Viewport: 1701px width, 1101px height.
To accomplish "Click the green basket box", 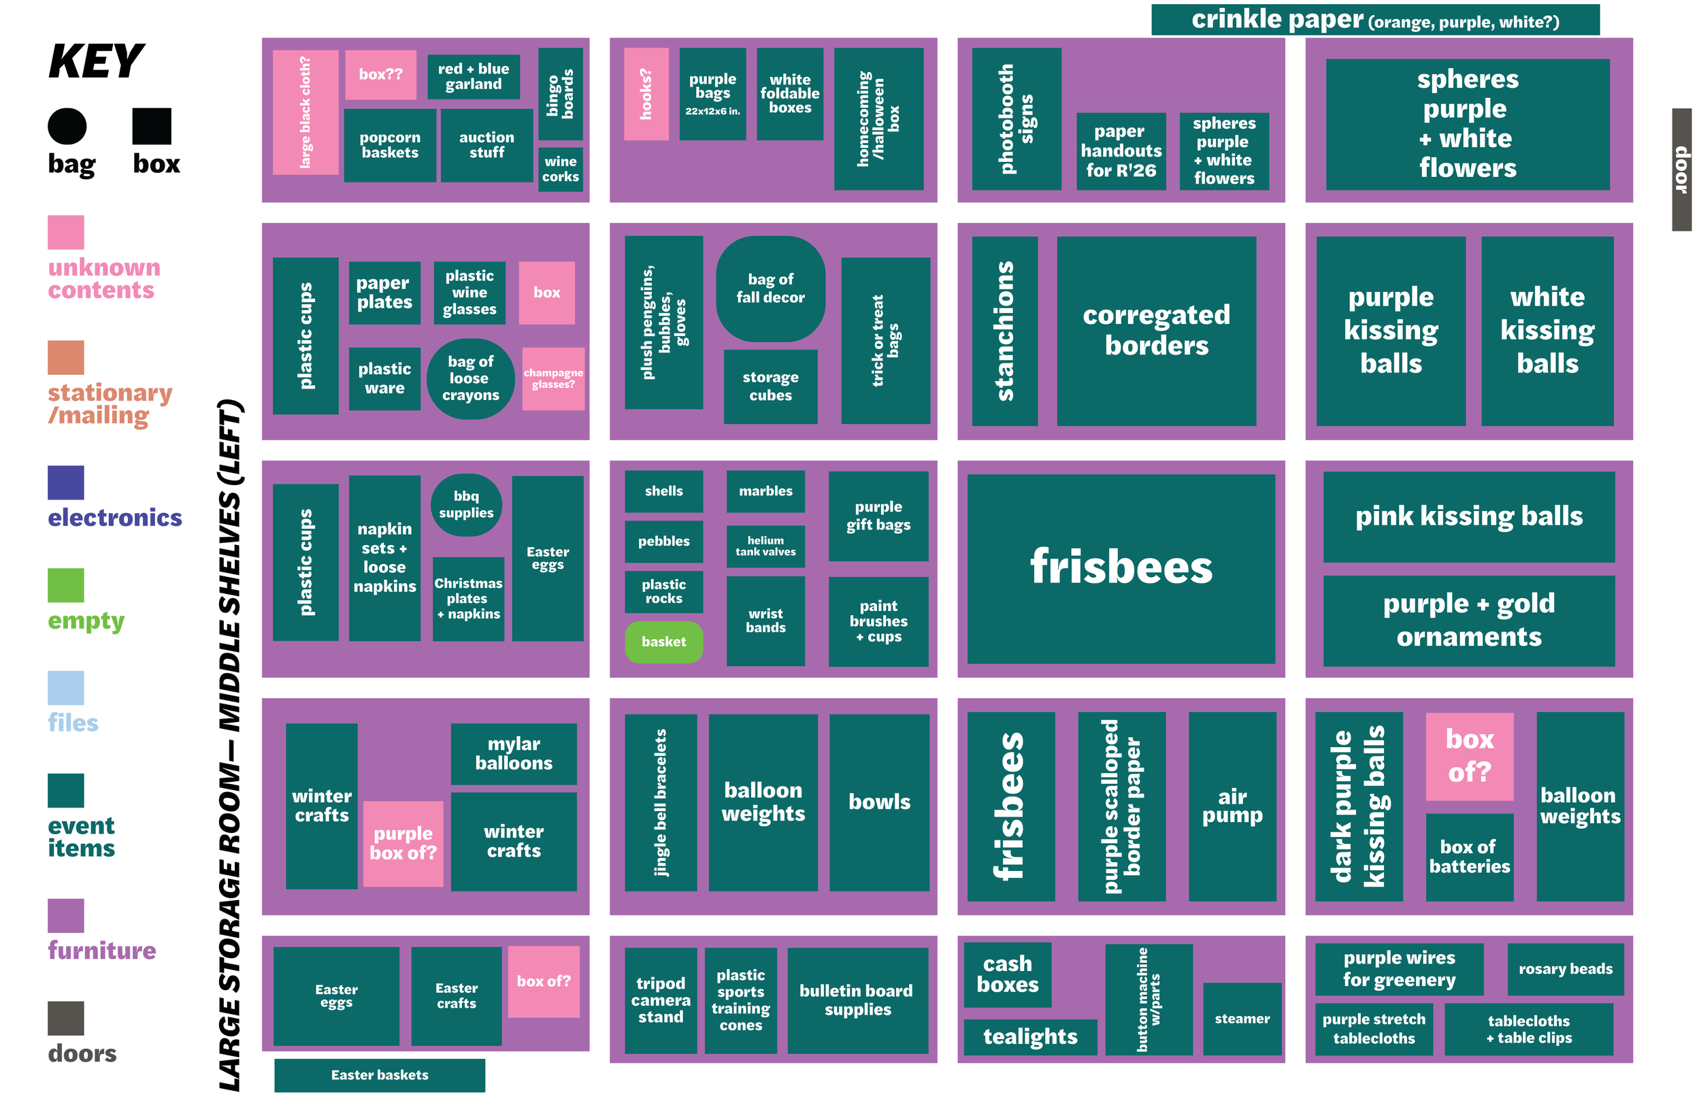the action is pos(663,641).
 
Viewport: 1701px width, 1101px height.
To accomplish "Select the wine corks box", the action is pos(561,169).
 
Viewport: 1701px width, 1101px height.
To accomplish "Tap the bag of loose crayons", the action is pos(470,378).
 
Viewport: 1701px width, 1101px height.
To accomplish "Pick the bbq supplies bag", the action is pos(466,505).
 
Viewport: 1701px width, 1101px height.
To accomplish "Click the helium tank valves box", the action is pos(765,546).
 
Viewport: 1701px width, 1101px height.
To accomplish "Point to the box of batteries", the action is pos(1469,857).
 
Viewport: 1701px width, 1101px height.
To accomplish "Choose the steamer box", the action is pos(1242,1019).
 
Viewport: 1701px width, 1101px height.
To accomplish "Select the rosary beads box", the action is pos(1565,969).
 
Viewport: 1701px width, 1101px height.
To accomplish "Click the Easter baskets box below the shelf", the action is pos(380,1074).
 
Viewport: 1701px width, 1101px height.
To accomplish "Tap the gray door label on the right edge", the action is pos(1681,169).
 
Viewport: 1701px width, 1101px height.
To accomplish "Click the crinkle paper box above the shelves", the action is pos(1375,19).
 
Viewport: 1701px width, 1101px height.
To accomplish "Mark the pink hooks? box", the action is pos(646,94).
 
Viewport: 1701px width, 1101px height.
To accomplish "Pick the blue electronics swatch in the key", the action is pos(66,482).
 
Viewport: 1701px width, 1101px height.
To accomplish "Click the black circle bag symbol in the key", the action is pos(67,127).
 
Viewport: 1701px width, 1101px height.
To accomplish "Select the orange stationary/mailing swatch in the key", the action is pos(66,357).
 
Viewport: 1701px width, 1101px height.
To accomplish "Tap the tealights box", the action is pos(1030,1036).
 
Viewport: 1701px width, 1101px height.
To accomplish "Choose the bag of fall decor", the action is pos(770,288).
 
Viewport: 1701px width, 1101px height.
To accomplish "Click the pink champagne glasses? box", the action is pos(553,379).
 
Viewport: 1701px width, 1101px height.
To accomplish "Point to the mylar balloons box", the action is pos(513,753).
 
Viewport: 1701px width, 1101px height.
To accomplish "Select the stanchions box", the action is pos(1004,331).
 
